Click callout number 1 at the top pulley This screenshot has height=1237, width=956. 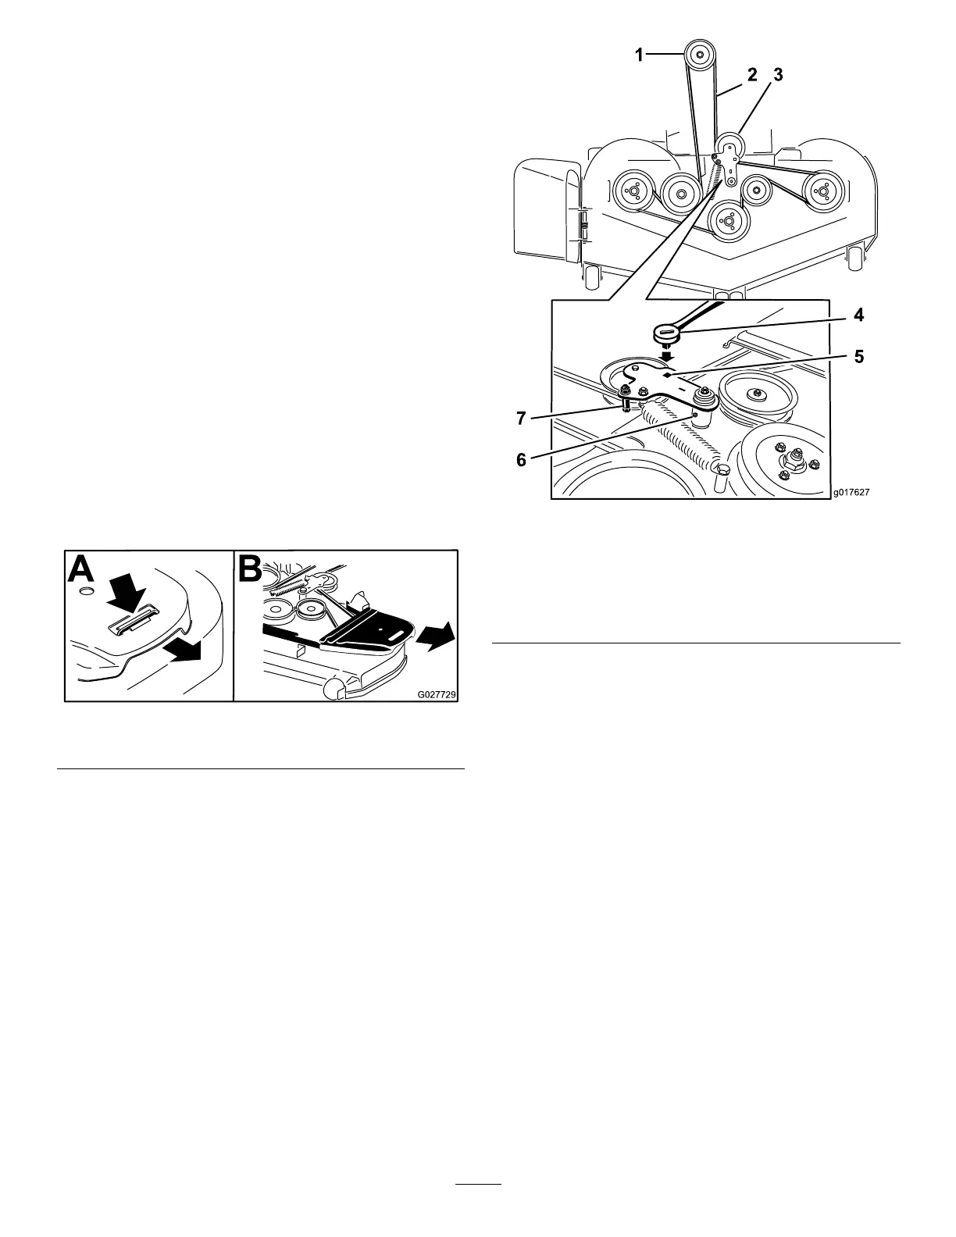(640, 55)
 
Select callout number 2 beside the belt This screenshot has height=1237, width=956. (751, 76)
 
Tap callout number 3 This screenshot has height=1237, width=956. (777, 76)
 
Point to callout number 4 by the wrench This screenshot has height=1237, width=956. (858, 316)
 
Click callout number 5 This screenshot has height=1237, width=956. (858, 358)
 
